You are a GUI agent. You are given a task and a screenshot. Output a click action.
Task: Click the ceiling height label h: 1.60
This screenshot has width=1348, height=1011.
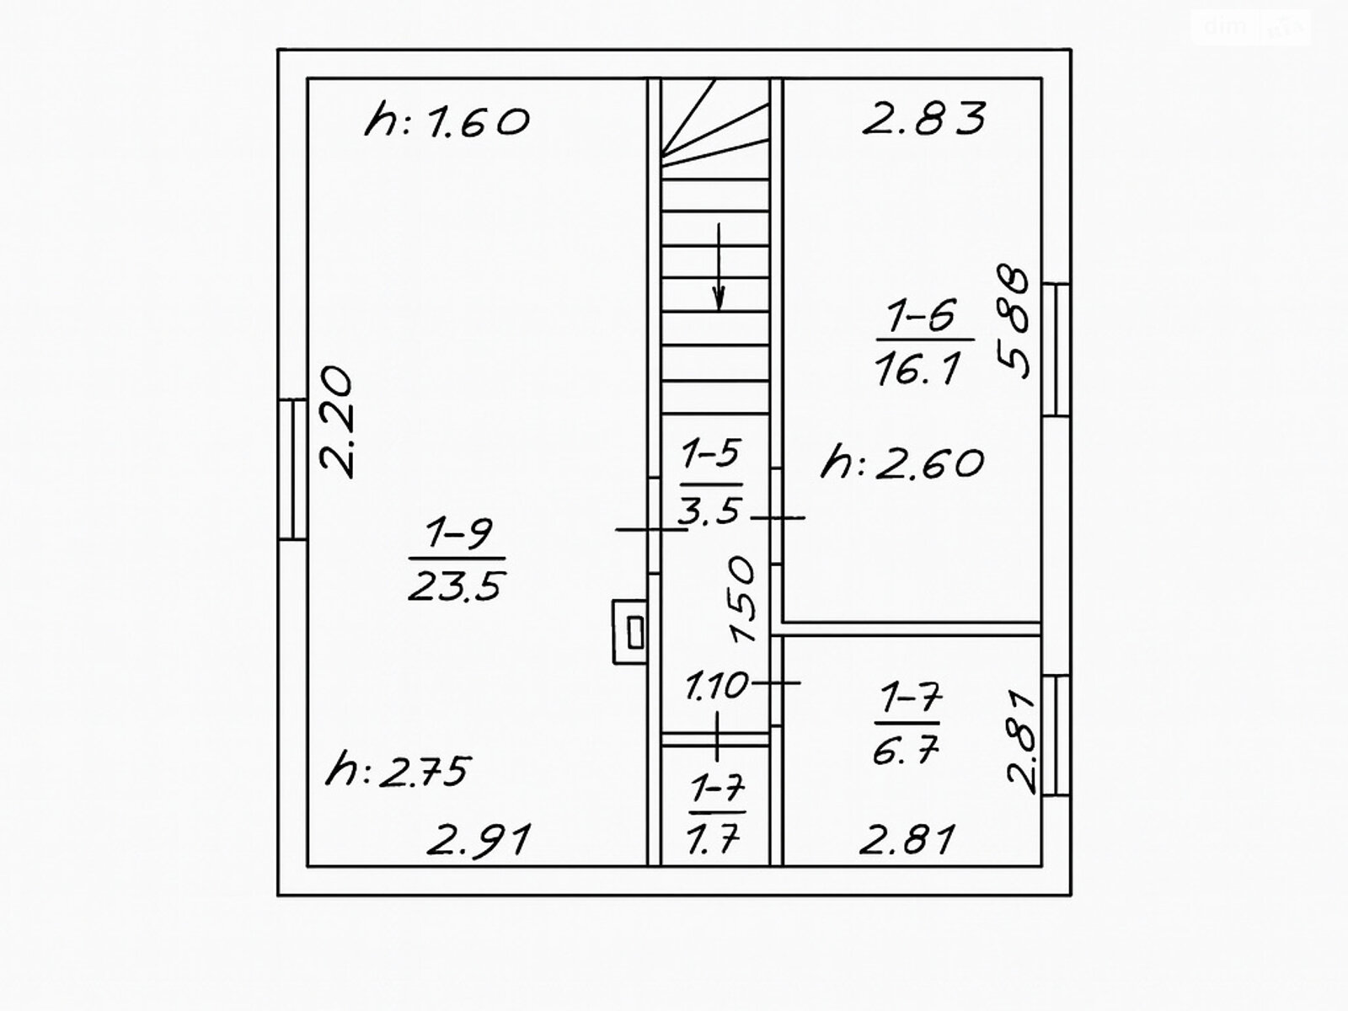coord(447,121)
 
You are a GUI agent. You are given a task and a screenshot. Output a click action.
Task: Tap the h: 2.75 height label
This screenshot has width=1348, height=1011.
coord(399,770)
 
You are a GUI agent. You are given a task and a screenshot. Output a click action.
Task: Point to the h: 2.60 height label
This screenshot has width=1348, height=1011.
coord(902,463)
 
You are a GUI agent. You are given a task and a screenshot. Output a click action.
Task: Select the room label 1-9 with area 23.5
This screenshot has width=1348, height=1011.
coord(457,559)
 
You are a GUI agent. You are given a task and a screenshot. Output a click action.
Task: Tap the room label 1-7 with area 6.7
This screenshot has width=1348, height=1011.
coord(907,724)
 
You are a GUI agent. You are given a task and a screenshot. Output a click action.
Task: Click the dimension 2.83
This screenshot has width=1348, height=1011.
coord(924,118)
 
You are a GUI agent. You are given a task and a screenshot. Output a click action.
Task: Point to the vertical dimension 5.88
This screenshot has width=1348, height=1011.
coord(1014,322)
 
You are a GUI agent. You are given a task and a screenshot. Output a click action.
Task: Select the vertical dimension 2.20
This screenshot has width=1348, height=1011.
coord(336,422)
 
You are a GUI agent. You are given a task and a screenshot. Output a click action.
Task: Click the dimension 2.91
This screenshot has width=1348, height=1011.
coord(479,841)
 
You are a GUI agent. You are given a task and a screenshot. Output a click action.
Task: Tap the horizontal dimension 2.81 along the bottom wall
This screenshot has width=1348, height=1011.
coord(907,840)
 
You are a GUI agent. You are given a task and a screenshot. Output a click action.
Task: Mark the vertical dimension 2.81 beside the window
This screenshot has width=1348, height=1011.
coord(1022,741)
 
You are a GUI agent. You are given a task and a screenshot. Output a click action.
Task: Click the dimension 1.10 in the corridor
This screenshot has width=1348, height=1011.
coord(716,685)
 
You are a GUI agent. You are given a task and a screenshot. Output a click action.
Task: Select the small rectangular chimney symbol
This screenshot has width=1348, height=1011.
coord(630,632)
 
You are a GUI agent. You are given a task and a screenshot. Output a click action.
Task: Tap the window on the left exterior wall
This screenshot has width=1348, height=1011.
coord(292,468)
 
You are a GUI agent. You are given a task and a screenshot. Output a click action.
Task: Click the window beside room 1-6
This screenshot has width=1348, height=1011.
coord(1056,350)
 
